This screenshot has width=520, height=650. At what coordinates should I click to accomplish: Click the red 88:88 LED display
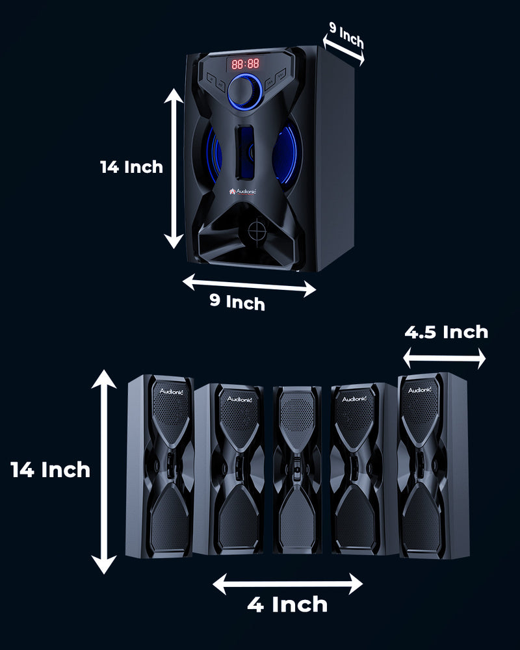[x=246, y=64]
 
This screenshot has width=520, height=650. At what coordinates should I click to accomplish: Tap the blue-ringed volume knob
[x=244, y=92]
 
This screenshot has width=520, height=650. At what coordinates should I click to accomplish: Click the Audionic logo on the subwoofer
[x=242, y=192]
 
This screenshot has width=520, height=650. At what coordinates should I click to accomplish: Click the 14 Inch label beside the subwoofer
[x=131, y=167]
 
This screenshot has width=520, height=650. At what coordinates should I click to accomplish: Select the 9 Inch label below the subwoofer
[x=237, y=302]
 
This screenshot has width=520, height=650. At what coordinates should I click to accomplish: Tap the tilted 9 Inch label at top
[x=346, y=35]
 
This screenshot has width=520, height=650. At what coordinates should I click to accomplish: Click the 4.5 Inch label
[x=446, y=332]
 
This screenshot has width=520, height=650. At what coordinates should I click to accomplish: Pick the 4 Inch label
[x=287, y=604]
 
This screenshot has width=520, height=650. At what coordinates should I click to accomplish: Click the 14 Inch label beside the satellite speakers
[x=50, y=470]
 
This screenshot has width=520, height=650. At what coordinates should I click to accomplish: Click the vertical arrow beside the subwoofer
[x=174, y=168]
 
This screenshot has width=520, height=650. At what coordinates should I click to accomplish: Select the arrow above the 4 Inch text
[x=288, y=584]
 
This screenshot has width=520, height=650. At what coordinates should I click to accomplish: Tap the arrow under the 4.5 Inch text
[x=444, y=357]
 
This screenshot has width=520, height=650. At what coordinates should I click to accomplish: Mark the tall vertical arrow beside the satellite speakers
[x=103, y=471]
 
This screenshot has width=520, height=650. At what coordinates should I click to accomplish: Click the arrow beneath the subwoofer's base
[x=249, y=285]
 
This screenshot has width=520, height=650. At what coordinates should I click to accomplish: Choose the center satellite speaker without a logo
[x=297, y=469]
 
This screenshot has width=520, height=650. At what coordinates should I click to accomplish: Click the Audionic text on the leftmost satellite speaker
[x=171, y=391]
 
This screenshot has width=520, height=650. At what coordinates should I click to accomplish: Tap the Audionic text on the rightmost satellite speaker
[x=420, y=389]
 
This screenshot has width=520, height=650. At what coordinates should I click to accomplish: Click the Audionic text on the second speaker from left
[x=240, y=399]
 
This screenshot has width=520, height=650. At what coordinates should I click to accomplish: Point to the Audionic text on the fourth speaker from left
[x=354, y=398]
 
